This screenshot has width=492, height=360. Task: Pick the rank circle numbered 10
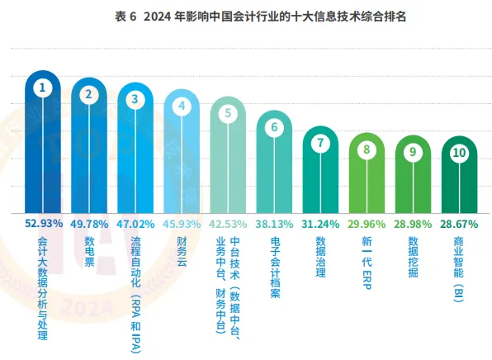tap(459, 153)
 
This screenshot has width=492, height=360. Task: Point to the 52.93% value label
tap(43, 223)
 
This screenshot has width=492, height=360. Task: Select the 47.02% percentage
tap(135, 223)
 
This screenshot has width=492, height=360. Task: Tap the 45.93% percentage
tap(182, 223)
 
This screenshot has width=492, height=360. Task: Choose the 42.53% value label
tap(228, 223)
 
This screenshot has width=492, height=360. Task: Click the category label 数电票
tap(89, 251)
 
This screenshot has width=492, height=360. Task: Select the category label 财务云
tap(182, 251)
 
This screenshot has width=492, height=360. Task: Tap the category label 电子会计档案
tap(275, 267)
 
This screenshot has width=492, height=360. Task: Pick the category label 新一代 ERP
tap(367, 261)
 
